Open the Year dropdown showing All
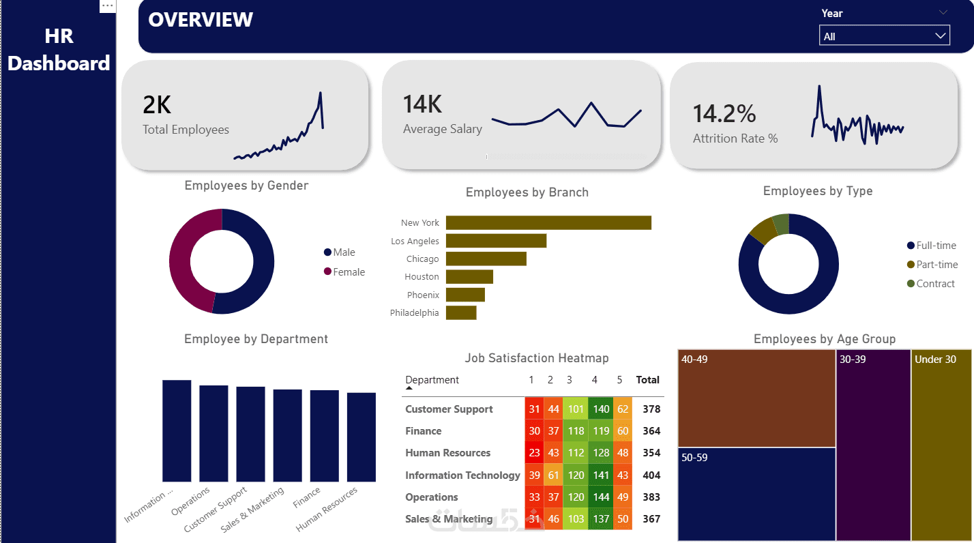[884, 35]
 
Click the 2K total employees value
[157, 105]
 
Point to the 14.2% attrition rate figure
[724, 113]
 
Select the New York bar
[548, 222]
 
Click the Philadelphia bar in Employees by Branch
[461, 312]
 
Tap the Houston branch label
[422, 276]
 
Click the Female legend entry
[344, 271]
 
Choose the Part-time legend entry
[932, 264]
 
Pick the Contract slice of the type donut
[782, 224]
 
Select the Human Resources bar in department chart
[361, 437]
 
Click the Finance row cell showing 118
[576, 431]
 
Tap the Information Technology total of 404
[651, 475]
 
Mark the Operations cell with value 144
[601, 497]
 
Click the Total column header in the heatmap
[647, 379]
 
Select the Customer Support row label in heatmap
[449, 409]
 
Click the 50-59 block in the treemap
[756, 495]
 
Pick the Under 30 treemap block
[941, 445]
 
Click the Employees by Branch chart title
[527, 192]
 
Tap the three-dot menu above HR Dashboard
[107, 5]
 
